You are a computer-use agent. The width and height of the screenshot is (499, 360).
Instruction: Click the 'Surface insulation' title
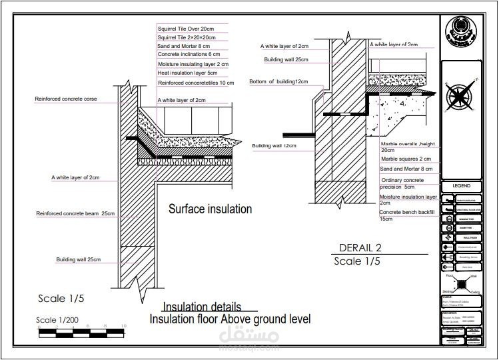point(210,209)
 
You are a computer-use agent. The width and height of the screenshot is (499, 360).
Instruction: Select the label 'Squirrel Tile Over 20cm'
point(185,29)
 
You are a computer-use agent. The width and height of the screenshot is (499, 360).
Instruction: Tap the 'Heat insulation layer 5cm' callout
point(187,73)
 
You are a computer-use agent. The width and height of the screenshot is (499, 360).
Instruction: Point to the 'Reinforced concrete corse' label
point(66,99)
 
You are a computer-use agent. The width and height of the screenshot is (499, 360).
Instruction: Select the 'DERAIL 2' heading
point(360,247)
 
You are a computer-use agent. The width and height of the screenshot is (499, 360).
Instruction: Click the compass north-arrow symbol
point(460,95)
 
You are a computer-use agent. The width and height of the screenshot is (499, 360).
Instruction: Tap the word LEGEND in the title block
point(461,185)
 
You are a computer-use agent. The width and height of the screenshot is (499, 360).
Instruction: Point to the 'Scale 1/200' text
point(57,320)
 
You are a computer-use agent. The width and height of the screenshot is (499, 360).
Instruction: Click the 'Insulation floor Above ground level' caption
point(230,319)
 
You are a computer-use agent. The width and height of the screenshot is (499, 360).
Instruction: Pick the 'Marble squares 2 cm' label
point(405,159)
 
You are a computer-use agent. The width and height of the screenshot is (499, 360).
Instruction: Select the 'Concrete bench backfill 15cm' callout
point(406,215)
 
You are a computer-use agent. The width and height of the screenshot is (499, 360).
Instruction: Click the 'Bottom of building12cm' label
point(278,81)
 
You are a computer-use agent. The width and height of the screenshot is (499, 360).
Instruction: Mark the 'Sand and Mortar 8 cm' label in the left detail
point(183,46)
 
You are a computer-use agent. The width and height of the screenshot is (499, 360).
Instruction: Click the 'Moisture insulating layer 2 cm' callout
point(193,64)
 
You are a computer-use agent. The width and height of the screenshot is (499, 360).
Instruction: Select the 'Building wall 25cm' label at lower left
point(78,259)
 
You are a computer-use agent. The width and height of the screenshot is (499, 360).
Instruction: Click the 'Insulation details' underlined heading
point(202,307)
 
